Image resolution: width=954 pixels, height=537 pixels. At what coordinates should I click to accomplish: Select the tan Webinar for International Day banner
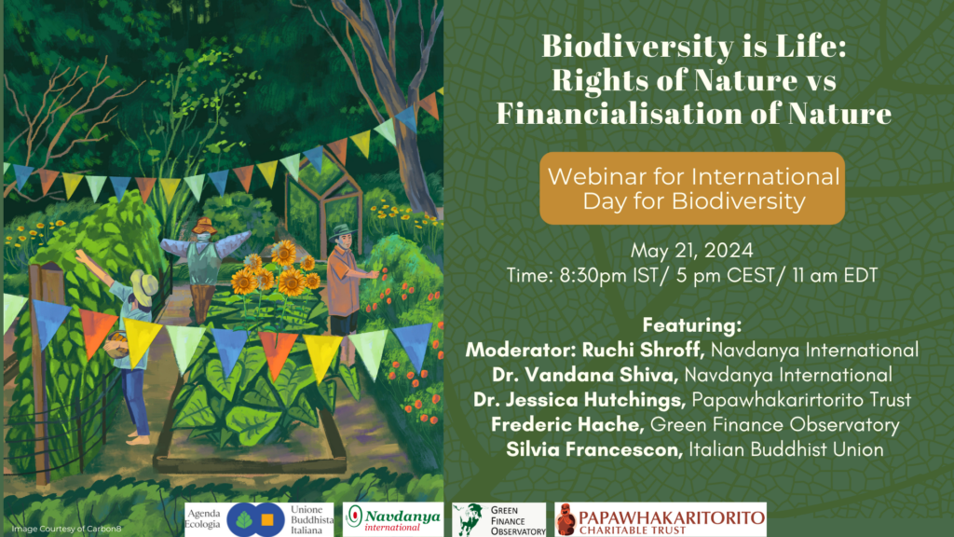coord(692,188)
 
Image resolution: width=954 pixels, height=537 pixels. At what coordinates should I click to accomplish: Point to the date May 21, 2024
coord(692,250)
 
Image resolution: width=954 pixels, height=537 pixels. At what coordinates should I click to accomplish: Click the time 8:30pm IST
coord(608,275)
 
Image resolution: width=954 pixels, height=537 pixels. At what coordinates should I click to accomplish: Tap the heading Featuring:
coord(692,325)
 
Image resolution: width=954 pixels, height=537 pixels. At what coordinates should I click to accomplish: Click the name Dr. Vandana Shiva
coord(585,375)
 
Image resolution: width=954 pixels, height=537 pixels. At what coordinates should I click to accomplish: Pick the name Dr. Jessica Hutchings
coord(579,399)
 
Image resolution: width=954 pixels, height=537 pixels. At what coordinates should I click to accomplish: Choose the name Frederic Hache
coord(567,424)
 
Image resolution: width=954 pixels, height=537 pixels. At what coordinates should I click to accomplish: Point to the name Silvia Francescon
coord(593,449)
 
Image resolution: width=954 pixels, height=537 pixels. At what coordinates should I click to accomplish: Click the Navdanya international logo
coord(393,519)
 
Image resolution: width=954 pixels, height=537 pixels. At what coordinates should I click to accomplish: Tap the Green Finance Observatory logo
coord(499,519)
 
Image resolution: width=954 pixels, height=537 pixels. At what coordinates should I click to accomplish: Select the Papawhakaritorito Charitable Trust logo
coord(661,519)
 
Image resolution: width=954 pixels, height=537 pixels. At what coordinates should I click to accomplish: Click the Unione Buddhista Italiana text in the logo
coord(311,519)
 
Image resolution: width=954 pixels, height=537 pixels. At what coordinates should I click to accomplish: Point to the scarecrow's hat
coord(204,227)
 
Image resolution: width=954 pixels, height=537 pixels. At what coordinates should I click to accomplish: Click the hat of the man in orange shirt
coord(341,232)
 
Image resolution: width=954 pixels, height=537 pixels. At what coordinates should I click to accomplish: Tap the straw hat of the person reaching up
coord(144,287)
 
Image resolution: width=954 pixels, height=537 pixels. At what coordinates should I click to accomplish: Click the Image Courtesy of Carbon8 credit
coord(66,529)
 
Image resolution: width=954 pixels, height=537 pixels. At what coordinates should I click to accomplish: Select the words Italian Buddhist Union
coord(786,449)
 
